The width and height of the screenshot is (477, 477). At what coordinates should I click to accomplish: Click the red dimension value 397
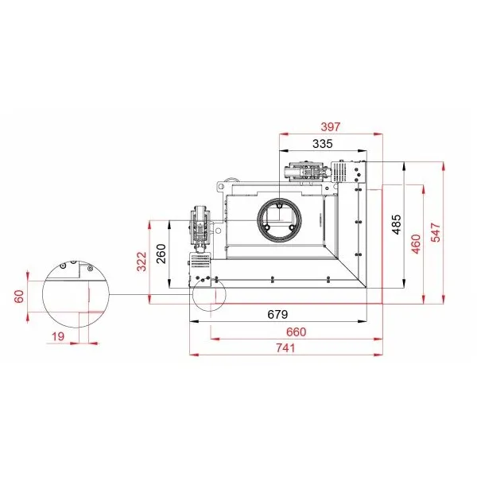click(x=331, y=126)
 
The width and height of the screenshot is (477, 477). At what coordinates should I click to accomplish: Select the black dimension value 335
click(x=323, y=144)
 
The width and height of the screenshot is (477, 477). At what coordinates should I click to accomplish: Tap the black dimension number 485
click(x=397, y=224)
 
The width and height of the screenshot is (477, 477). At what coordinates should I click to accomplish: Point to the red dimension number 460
click(x=416, y=244)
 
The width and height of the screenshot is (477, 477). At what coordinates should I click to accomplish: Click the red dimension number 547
click(x=436, y=232)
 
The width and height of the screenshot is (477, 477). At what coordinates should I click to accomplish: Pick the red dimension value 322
click(x=142, y=262)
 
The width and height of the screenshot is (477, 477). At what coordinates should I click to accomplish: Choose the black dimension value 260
click(x=161, y=254)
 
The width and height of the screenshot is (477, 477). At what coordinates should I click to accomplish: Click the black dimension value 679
click(x=277, y=314)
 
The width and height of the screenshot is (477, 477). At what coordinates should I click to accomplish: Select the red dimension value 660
click(x=296, y=332)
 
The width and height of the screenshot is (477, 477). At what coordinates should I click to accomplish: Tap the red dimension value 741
click(x=285, y=347)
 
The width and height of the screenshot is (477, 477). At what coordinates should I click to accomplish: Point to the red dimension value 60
click(x=19, y=297)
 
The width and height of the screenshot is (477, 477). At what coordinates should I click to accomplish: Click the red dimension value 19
click(x=58, y=336)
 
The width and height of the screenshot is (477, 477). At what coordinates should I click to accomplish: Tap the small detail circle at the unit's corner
click(x=192, y=294)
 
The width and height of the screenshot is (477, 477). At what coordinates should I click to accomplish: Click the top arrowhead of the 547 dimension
click(x=444, y=166)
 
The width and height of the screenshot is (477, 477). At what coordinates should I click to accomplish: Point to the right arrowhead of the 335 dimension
click(x=363, y=150)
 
